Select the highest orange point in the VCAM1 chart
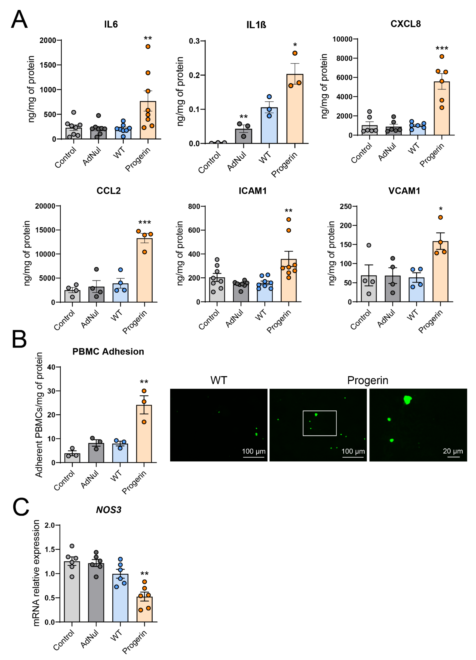click(440, 217)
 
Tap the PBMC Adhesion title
click(108, 352)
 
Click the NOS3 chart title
click(108, 510)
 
